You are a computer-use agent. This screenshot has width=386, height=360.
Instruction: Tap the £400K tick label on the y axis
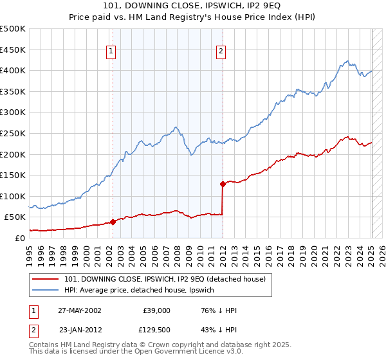(x=13, y=70)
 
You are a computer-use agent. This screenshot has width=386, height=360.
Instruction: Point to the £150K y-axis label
(x=13, y=175)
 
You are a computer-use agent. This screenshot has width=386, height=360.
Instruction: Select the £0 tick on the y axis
(x=19, y=238)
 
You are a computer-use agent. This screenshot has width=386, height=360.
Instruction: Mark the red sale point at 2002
(x=113, y=222)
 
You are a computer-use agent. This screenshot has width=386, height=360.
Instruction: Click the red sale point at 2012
(x=223, y=184)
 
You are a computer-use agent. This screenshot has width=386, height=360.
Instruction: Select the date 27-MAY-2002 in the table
(x=79, y=310)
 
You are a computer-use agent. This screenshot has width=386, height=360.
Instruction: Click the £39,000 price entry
(x=157, y=310)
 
